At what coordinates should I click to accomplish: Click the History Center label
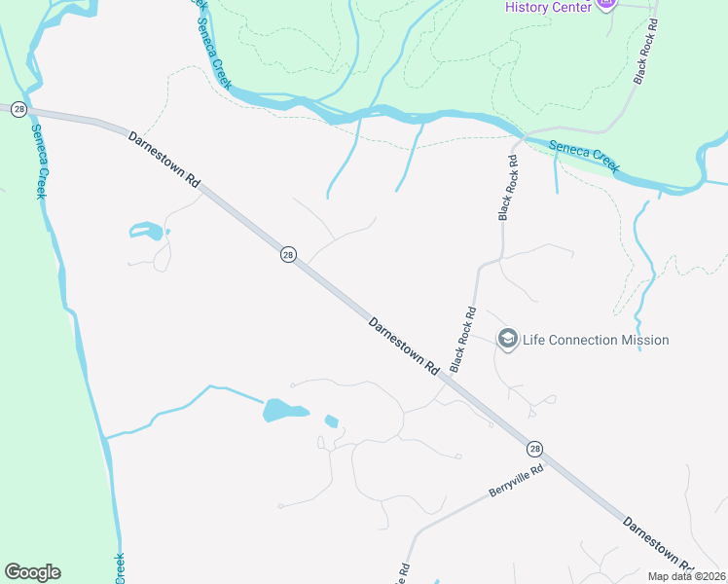pyautogui.click(x=548, y=7)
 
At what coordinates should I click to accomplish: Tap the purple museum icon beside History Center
pyautogui.click(x=605, y=4)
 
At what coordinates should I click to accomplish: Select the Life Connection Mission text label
pyautogui.click(x=596, y=340)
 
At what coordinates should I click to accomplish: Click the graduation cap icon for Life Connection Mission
pyautogui.click(x=506, y=339)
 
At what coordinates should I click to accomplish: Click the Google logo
pyautogui.click(x=32, y=572)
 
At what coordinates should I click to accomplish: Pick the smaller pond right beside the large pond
pyautogui.click(x=331, y=421)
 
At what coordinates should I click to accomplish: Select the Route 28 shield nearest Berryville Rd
pyautogui.click(x=534, y=449)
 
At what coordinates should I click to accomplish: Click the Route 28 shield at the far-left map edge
pyautogui.click(x=18, y=110)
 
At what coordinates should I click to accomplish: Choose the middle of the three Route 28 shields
pyautogui.click(x=288, y=254)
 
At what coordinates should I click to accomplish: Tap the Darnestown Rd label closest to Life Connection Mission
pyautogui.click(x=404, y=347)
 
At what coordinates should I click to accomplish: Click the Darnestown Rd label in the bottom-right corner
pyautogui.click(x=657, y=542)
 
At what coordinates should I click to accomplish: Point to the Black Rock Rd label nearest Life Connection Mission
pyautogui.click(x=463, y=340)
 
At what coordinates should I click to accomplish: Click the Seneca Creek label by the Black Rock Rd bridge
pyautogui.click(x=584, y=157)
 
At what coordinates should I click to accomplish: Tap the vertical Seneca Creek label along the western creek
pyautogui.click(x=38, y=162)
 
